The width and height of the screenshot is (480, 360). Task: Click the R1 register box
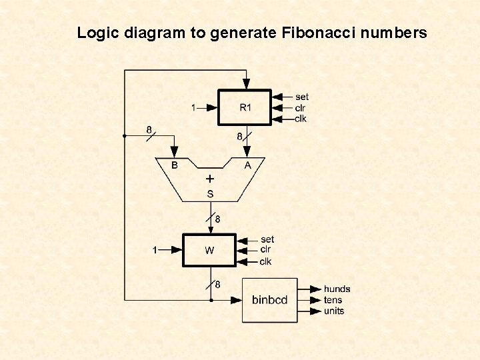coord(245,107)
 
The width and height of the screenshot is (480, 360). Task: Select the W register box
coord(210,251)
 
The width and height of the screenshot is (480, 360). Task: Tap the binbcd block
coord(269,300)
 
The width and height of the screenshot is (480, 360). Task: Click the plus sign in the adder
coord(210,179)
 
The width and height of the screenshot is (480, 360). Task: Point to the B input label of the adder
coord(175,165)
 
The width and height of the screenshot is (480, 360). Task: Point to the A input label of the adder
coord(247,165)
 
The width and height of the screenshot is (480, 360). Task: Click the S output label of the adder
coord(210,194)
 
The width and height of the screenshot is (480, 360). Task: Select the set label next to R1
coord(301,97)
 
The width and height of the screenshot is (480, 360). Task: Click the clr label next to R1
coord(300,108)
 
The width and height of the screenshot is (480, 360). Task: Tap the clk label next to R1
coord(300,119)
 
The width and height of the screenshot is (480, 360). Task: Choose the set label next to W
coord(267,239)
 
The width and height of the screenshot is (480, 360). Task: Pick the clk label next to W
coord(266,261)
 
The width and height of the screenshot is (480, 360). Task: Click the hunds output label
coord(337,289)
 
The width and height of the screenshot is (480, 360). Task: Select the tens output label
coord(333,300)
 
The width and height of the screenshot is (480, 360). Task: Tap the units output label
coord(334,311)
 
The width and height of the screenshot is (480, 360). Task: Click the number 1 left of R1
coord(193,107)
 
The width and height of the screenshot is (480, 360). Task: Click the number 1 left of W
coord(155,251)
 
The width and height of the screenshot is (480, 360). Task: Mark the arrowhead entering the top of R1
coord(246,84)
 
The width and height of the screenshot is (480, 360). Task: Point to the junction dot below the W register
coord(211,300)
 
